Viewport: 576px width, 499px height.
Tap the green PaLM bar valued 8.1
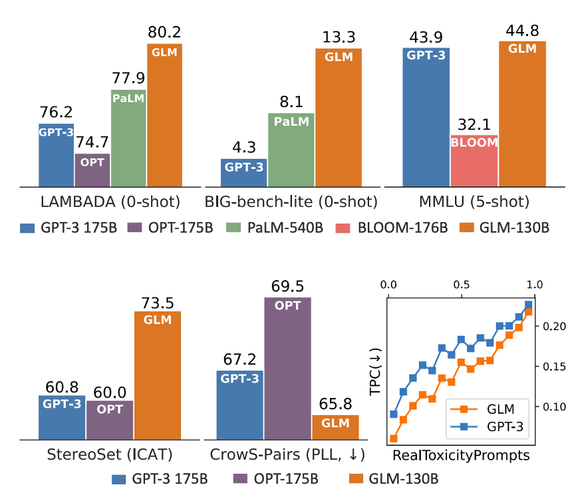pos(291,150)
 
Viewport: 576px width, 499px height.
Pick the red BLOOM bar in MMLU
pos(474,160)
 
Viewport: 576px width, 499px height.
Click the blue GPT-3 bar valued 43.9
pos(426,117)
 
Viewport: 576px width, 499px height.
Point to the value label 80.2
pos(164,32)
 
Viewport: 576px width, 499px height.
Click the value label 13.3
pos(339,37)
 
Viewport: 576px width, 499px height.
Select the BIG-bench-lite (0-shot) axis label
pos(291,201)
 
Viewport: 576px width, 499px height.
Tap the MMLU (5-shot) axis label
pos(474,201)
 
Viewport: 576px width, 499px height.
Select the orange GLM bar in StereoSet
pos(158,375)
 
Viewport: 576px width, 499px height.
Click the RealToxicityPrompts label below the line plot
pos(461,456)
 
